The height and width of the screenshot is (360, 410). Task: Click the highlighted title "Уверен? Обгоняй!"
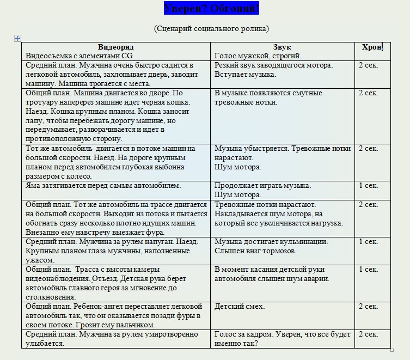(x=211, y=9)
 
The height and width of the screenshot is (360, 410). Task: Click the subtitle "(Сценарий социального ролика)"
(x=211, y=28)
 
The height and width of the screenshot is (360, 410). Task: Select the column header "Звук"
(x=282, y=47)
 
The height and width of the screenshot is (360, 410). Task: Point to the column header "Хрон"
(x=372, y=47)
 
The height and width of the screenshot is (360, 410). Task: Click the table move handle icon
(x=18, y=38)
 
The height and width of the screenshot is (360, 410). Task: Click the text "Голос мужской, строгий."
(x=258, y=56)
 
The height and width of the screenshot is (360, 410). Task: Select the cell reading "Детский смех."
(x=240, y=307)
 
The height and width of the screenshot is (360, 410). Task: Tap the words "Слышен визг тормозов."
(x=255, y=251)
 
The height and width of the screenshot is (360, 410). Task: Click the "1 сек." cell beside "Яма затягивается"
(x=368, y=186)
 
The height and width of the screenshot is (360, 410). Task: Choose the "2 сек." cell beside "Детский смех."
(x=368, y=307)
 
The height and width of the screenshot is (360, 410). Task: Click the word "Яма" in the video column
(x=33, y=186)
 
